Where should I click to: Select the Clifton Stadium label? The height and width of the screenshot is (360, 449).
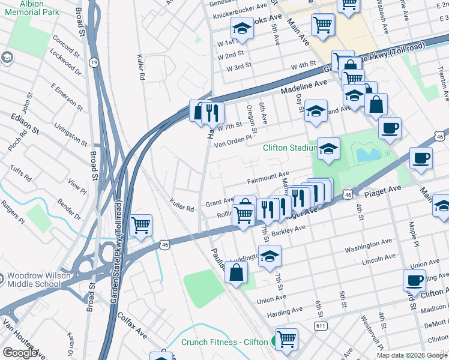coord(290,148)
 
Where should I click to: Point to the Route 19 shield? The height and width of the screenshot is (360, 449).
coord(94,62)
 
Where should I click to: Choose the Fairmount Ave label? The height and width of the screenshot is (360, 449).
coord(268,178)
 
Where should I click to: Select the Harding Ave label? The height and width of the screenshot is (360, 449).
coord(285,311)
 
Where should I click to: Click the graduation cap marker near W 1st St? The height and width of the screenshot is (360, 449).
coord(242,28)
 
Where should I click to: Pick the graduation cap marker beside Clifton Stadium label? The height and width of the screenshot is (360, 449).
coord(328,150)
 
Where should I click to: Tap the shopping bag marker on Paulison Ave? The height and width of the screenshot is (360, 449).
coord(238,272)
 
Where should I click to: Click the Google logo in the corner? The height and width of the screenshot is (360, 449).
coord(20,353)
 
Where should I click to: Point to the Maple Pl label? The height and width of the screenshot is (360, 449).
coord(412,234)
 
